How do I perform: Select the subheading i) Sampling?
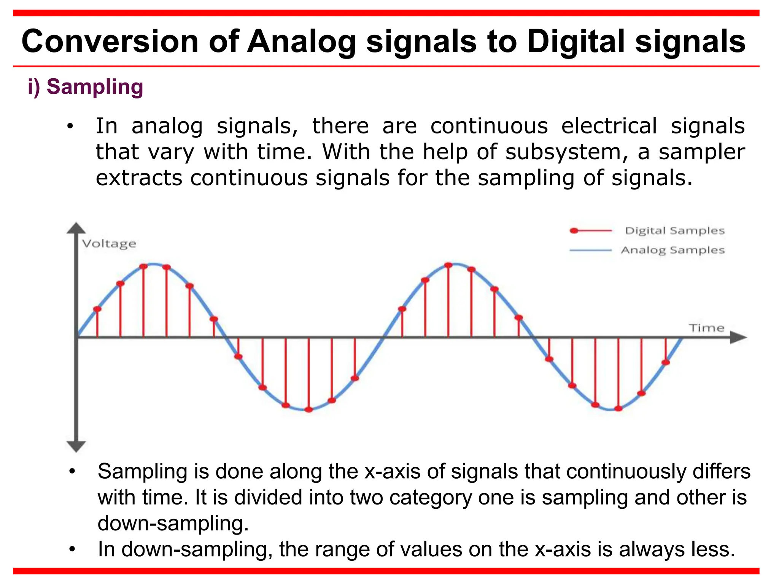(85, 87)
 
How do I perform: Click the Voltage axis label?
(109, 244)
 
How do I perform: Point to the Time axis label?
(706, 328)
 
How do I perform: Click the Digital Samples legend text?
(675, 231)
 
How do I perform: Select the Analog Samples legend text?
(672, 250)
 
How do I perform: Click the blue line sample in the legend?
(590, 250)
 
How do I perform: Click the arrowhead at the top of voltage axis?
(76, 228)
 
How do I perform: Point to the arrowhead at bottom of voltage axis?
(76, 446)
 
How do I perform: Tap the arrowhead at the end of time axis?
(738, 337)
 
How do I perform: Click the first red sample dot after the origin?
(97, 309)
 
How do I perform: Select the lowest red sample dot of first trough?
(309, 409)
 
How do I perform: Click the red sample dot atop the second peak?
(448, 265)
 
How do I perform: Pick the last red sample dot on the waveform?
(666, 362)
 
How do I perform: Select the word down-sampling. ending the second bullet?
(173, 523)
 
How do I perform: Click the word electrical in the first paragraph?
(609, 126)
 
